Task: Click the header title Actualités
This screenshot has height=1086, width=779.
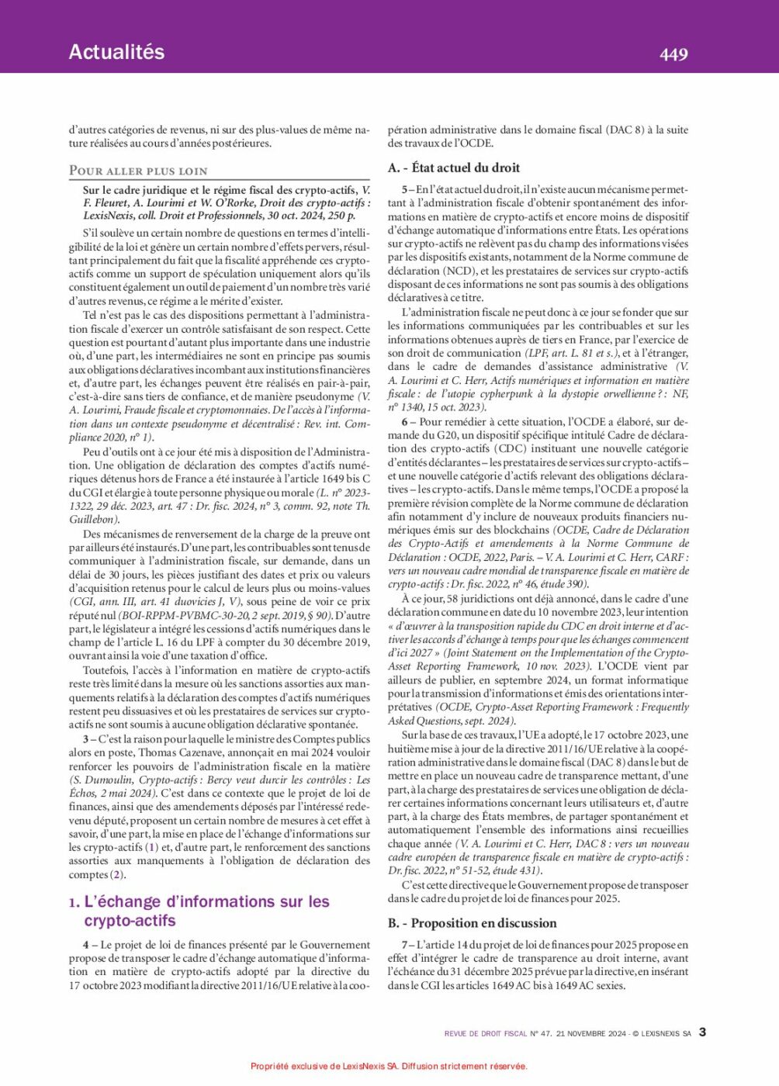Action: [x=116, y=52]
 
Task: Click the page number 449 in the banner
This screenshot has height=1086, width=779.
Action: [x=673, y=54]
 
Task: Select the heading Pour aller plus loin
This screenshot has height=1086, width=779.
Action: [x=138, y=171]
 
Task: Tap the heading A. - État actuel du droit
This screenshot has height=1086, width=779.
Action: [x=454, y=168]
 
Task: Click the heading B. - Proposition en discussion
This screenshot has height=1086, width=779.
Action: [x=473, y=923]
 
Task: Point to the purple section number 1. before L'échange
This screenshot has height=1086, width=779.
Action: [x=74, y=902]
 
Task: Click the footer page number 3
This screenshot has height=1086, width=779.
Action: [x=703, y=1032]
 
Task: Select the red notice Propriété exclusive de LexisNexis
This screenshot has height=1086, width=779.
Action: [x=389, y=1066]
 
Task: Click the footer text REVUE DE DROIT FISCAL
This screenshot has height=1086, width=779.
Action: [x=486, y=1033]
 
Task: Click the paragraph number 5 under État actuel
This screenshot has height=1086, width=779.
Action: [x=405, y=189]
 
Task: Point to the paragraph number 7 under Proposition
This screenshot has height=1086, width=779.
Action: [x=405, y=945]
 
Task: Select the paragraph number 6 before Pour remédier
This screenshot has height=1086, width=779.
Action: [x=405, y=422]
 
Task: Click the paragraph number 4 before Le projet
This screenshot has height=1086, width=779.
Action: [x=86, y=945]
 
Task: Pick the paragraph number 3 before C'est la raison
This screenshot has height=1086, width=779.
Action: [x=86, y=739]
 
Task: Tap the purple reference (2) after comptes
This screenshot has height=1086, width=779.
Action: [x=117, y=875]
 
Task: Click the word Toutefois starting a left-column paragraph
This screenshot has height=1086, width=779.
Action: [x=106, y=670]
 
